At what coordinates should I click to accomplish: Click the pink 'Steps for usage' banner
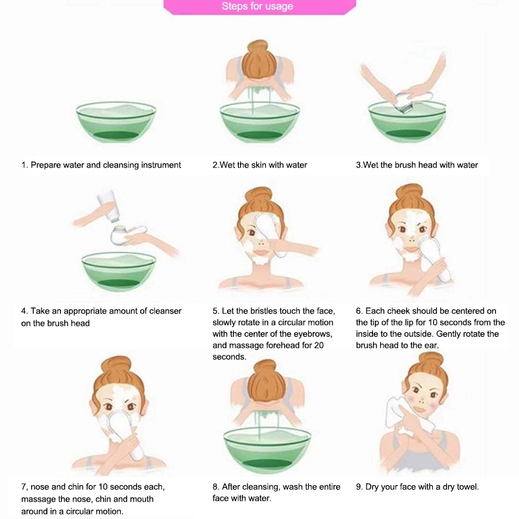point(259,6)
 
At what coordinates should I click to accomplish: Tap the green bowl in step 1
point(116,122)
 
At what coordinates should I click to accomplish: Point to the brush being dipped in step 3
point(414,102)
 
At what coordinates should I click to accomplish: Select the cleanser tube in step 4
point(108,206)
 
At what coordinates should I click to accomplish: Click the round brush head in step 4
point(119,235)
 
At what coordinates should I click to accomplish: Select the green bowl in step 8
point(267,445)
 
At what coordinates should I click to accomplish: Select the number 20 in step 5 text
point(319,345)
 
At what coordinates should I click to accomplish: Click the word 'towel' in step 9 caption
point(468,487)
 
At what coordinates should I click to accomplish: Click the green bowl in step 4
point(119,272)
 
